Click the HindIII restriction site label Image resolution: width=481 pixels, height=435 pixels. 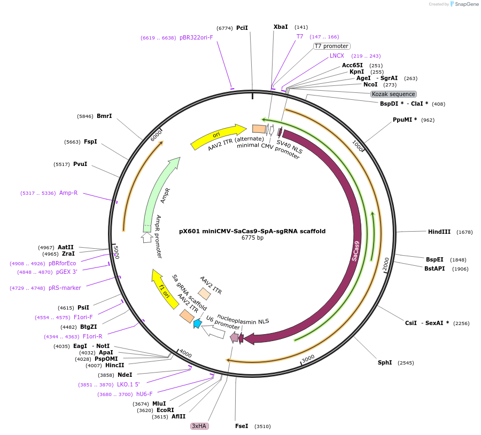coord(439,232)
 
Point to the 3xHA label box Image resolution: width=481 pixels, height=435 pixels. coord(199,426)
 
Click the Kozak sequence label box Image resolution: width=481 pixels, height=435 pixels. coord(393,94)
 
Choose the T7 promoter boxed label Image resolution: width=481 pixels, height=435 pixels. coord(331,46)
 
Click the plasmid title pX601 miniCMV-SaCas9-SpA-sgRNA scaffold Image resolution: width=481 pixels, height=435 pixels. coord(252,231)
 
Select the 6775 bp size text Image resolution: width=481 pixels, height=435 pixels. coord(252,238)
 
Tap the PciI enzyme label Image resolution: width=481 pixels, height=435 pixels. coord(242,28)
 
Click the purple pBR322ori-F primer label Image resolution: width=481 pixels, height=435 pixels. coord(196,38)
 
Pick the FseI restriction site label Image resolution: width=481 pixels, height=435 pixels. coord(242,426)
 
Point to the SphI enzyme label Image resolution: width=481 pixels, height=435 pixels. coord(385,362)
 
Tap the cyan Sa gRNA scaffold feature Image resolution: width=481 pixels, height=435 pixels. coord(197,323)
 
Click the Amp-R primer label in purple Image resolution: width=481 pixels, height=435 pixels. coord(68,193)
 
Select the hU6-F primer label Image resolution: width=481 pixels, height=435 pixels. coord(144,394)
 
